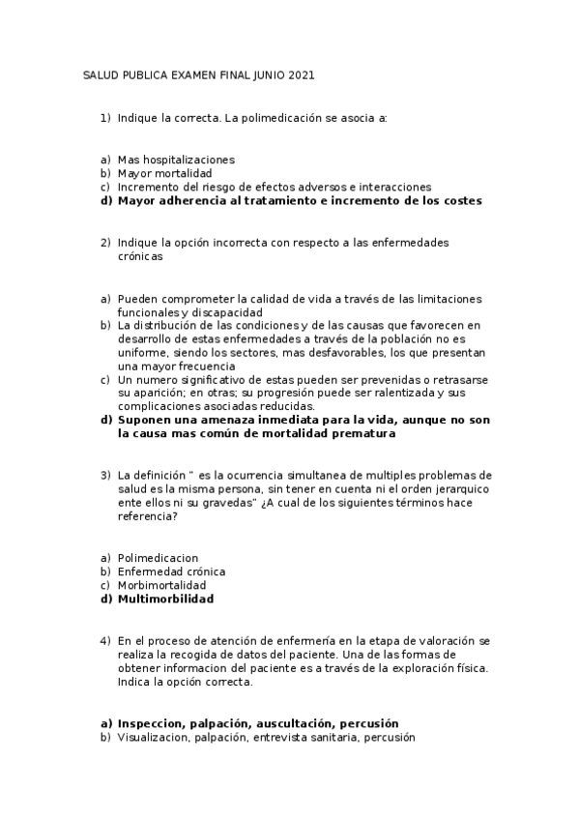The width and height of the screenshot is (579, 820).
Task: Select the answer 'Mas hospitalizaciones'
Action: [176, 160]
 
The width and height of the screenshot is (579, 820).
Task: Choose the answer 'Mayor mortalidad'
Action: [164, 173]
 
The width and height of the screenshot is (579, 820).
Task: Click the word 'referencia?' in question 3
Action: [147, 516]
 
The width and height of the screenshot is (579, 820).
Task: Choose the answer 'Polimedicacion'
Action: [158, 558]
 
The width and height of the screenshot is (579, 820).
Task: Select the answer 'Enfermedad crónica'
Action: [171, 571]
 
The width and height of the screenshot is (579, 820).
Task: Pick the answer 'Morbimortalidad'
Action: [161, 585]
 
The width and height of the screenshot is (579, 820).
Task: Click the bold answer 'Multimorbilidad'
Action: [165, 599]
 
